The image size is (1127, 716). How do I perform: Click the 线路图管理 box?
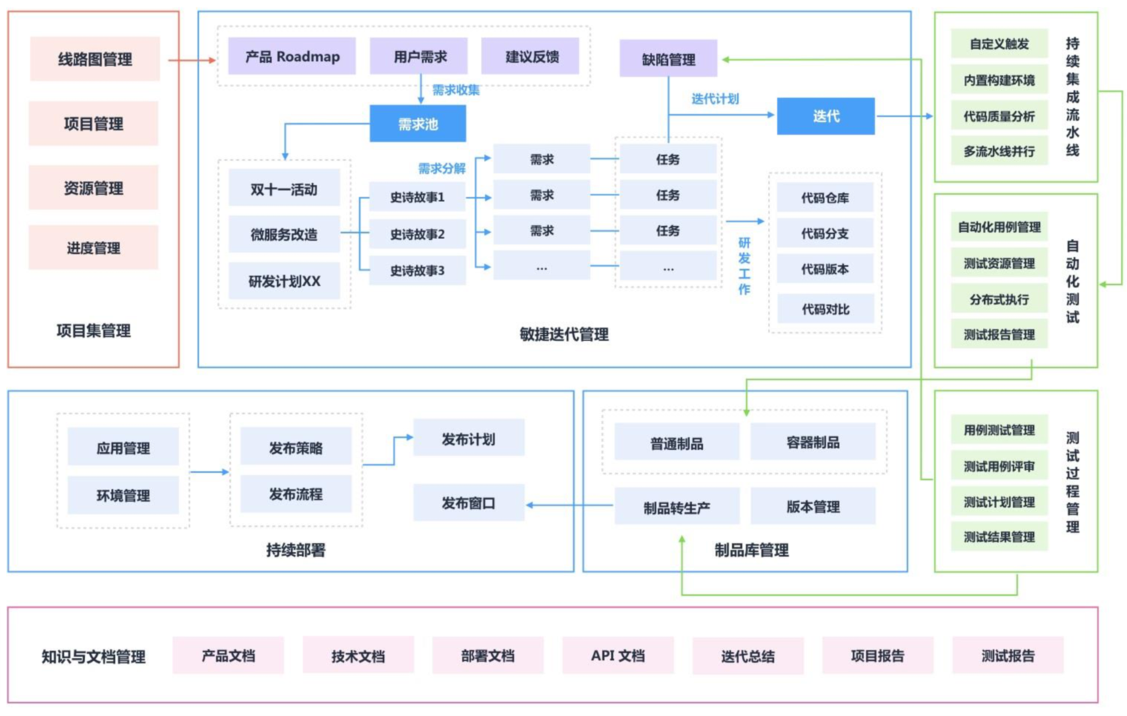95,59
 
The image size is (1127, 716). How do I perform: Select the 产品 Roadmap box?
292,56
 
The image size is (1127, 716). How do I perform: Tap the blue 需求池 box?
418,124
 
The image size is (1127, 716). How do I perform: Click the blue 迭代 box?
825,116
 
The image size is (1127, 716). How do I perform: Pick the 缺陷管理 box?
668,59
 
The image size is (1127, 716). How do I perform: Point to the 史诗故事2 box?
417,234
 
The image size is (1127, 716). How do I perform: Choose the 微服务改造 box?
284,234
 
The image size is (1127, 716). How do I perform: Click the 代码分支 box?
824,234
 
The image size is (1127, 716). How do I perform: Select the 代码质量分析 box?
999,116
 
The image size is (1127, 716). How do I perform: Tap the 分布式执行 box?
999,299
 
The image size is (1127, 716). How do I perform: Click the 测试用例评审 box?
999,466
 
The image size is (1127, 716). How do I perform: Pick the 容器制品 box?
812,443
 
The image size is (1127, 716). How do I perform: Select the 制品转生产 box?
676,507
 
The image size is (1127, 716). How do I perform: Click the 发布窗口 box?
468,503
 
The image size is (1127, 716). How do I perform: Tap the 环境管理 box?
123,495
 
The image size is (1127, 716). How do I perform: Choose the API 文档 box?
618,655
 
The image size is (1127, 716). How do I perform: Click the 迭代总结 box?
748,656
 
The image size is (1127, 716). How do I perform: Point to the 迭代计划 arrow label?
715,98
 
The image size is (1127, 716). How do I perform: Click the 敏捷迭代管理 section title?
563,334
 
